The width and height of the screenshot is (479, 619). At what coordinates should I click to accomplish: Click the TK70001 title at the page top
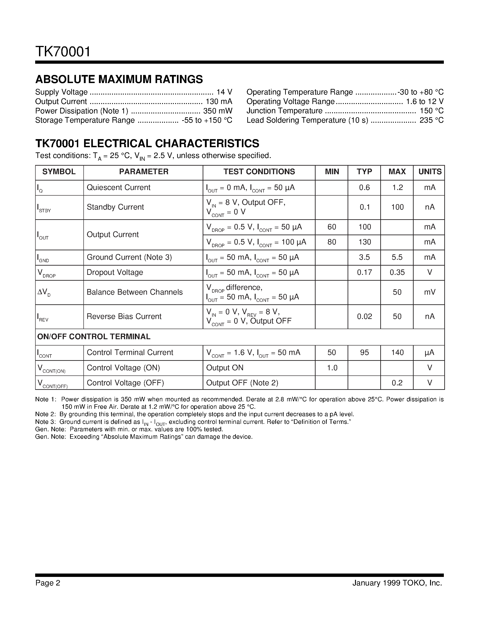(x=63, y=52)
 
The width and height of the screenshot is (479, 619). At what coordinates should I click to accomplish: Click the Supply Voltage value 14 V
(x=224, y=92)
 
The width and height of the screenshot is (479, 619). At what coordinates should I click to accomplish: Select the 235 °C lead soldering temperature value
(x=431, y=120)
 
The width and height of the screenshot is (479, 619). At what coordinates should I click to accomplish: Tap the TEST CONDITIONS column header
(x=259, y=172)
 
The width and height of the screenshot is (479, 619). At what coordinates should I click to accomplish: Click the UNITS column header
(x=430, y=172)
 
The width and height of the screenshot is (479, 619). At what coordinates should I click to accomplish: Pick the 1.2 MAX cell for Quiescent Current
(x=397, y=188)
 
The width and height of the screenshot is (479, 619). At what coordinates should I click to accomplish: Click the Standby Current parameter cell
(x=115, y=207)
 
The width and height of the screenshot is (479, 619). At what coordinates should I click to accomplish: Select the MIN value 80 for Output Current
(x=331, y=242)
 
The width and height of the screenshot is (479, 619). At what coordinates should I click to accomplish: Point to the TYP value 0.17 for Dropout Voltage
(x=364, y=272)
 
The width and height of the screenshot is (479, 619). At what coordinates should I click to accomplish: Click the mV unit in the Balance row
(x=430, y=292)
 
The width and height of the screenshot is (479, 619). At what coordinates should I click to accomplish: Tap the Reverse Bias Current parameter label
(x=124, y=316)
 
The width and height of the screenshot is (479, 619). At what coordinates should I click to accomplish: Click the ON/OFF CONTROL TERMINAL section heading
(x=94, y=337)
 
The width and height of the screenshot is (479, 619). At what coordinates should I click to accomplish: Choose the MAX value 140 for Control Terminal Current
(x=397, y=352)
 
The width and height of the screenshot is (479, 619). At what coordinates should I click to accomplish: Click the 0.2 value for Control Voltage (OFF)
(x=397, y=383)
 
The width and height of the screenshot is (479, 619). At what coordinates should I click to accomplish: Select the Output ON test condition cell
(x=225, y=368)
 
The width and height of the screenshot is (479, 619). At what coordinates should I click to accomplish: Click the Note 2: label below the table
(x=45, y=414)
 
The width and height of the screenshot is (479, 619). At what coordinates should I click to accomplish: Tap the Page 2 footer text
(x=48, y=583)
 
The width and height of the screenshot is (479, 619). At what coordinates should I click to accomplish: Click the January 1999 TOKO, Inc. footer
(x=397, y=583)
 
